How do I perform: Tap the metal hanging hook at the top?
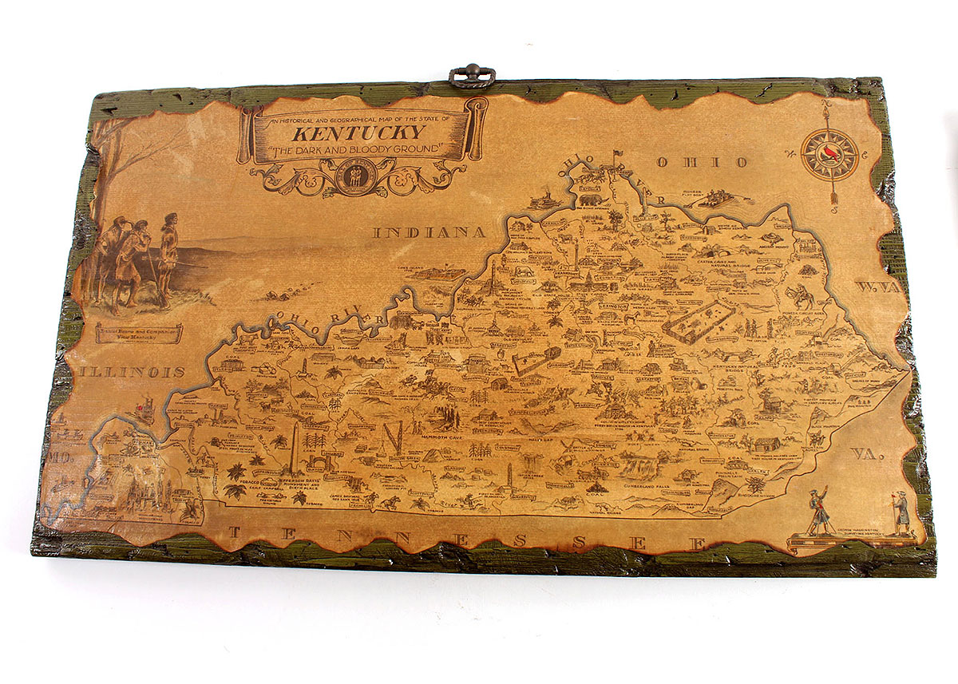[472, 76]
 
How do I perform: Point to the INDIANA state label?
[430, 233]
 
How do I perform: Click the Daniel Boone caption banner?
[139, 333]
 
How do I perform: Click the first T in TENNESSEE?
[234, 534]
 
